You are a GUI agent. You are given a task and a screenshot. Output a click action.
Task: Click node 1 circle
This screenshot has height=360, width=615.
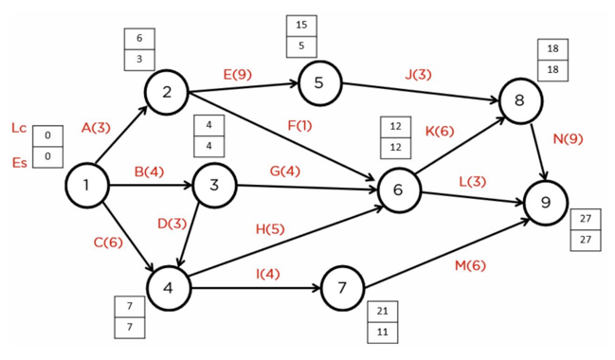click(86, 186)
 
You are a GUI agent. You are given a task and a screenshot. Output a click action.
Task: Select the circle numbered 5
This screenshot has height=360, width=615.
click(318, 82)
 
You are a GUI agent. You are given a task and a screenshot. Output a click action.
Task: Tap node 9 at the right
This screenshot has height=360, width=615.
click(545, 203)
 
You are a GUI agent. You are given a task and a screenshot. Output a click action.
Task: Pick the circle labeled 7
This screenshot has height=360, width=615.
click(343, 287)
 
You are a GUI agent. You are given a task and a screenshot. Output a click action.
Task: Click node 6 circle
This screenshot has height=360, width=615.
click(398, 189)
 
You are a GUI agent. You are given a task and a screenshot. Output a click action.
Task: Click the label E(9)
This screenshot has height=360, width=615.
click(237, 74)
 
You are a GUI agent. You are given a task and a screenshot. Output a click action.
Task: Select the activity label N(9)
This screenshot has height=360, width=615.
click(568, 138)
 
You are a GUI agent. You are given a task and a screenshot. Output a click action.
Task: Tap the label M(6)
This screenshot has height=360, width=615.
click(469, 265)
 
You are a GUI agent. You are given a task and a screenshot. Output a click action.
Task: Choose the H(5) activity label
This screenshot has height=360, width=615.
click(270, 228)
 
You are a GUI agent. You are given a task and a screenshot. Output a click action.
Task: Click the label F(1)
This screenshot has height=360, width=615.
click(298, 124)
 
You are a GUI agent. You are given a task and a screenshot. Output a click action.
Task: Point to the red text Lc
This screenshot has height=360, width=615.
click(19, 128)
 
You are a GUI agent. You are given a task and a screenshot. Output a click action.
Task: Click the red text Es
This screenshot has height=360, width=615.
click(19, 162)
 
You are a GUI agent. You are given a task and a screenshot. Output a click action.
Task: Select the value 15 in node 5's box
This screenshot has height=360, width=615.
click(300, 26)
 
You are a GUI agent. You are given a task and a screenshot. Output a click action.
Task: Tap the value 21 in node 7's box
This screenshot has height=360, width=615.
click(382, 312)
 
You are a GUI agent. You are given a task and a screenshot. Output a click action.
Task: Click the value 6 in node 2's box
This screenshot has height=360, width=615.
click(139, 39)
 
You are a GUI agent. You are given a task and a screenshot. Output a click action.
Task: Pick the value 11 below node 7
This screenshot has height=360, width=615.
click(382, 333)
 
